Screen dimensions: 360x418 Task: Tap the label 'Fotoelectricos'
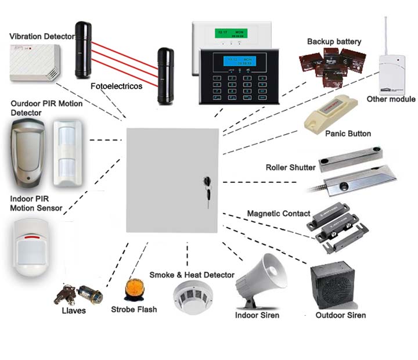pyautogui.click(x=116, y=86)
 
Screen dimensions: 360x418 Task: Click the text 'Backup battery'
pyautogui.click(x=334, y=41)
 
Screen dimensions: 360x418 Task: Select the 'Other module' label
pyautogui.click(x=391, y=99)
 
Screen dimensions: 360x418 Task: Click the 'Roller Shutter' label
pyautogui.click(x=290, y=168)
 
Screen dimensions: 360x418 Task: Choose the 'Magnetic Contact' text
pyautogui.click(x=279, y=214)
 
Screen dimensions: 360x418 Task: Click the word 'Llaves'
pyautogui.click(x=74, y=311)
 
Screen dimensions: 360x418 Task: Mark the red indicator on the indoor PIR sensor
pyautogui.click(x=34, y=237)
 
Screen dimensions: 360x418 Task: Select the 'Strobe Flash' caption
pyautogui.click(x=134, y=309)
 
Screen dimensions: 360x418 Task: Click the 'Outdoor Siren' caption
pyautogui.click(x=340, y=315)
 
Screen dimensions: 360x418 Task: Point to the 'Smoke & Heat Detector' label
pyautogui.click(x=192, y=275)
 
